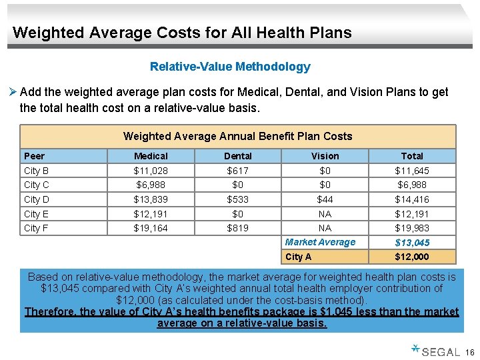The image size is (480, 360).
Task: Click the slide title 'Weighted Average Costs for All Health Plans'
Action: tap(182, 32)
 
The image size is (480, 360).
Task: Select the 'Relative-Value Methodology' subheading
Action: tap(230, 67)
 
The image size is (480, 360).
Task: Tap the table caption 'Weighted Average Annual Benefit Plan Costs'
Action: tap(237, 136)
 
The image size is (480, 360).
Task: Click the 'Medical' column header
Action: tap(151, 156)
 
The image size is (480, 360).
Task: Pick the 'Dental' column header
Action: tap(238, 156)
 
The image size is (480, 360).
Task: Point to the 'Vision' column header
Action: tap(325, 156)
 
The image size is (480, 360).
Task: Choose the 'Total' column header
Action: tap(412, 156)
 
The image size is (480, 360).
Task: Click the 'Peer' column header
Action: tap(35, 156)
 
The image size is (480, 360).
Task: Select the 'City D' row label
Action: tap(37, 199)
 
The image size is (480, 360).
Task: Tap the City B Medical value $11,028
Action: tap(151, 171)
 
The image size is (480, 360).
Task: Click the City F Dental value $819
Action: tap(238, 228)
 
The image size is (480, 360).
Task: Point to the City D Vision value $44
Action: tap(325, 199)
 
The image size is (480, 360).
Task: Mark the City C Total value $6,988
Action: tap(412, 185)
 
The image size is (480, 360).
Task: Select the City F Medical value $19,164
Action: tap(151, 228)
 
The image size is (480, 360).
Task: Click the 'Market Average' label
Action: tap(320, 242)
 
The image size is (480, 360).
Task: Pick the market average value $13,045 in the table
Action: tap(412, 243)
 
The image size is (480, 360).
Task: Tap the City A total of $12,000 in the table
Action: tap(412, 257)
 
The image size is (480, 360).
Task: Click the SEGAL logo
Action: tap(436, 351)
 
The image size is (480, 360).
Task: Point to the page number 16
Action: tap(469, 352)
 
